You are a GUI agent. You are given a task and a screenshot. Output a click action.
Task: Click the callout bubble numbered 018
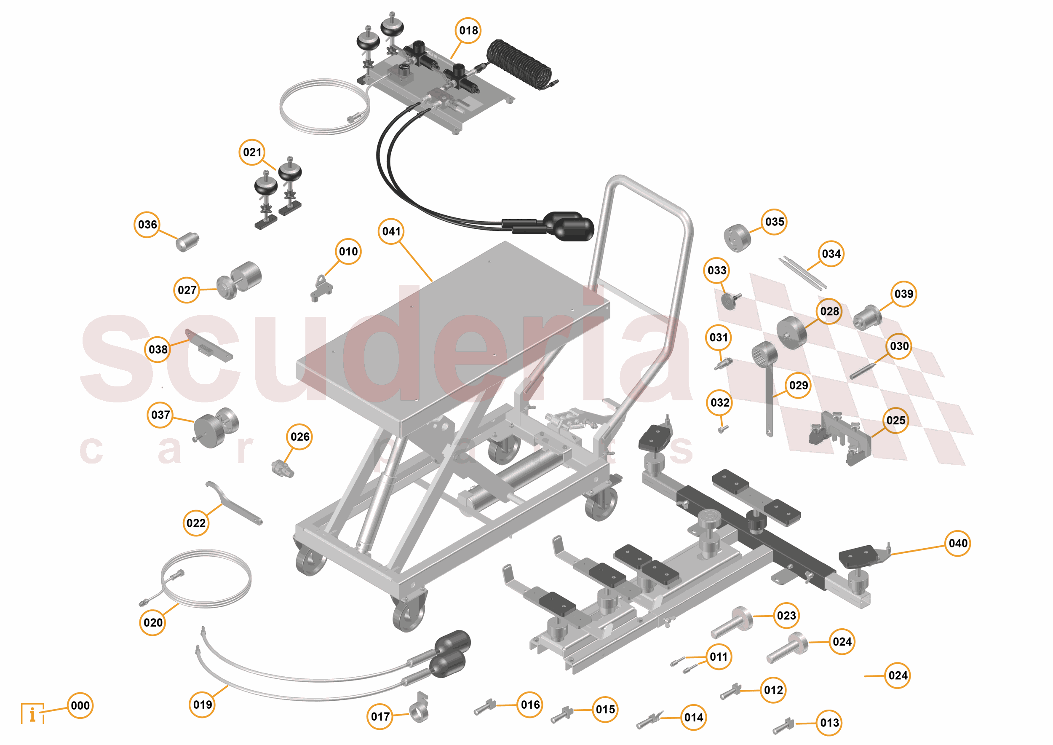point(468,31)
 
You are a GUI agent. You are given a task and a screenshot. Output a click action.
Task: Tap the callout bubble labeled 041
point(391,231)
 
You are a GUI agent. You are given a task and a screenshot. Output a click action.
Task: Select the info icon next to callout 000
point(32,714)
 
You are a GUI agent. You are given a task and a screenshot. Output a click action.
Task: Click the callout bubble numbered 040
point(958,544)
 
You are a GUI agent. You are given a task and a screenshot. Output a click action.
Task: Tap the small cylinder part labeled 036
point(187,242)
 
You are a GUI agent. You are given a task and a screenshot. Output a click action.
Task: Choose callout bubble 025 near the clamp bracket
point(895,420)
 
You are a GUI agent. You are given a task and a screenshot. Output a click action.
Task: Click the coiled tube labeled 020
point(206,579)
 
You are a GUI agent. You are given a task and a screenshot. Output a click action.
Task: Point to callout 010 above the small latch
point(348,252)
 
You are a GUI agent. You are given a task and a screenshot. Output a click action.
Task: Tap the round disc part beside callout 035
point(737,237)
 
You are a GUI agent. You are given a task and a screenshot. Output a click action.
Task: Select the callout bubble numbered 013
point(829,723)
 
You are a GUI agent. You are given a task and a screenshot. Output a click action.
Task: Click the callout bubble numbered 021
point(252,152)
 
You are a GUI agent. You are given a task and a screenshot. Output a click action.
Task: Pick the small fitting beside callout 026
point(282,469)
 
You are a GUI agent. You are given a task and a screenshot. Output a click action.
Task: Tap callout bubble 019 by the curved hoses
point(202,705)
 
